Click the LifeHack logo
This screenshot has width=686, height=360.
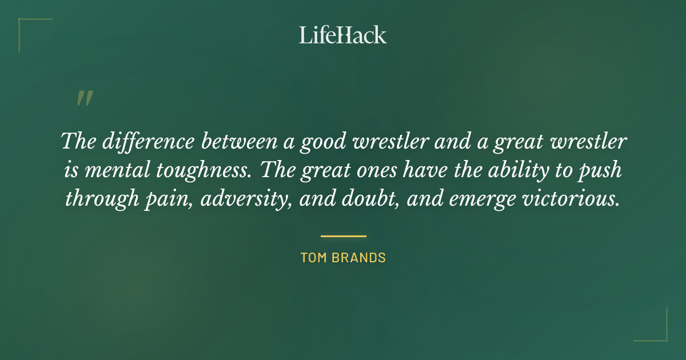point(343,35)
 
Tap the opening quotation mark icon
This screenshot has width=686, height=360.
point(84,98)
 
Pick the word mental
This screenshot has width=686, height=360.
point(112,170)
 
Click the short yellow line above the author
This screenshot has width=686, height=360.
point(343,235)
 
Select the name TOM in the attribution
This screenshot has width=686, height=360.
point(313,258)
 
